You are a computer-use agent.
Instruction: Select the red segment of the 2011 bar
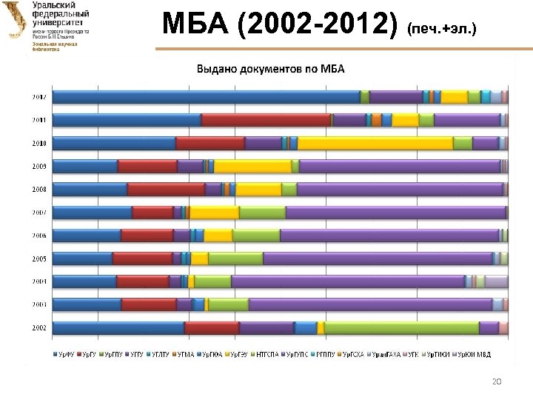pyautogui.click(x=266, y=120)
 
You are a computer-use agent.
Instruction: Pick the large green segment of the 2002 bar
pyautogui.click(x=402, y=328)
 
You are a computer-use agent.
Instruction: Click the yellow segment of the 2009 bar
pyautogui.click(x=252, y=166)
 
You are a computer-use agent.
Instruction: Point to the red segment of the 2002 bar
pyautogui.click(x=212, y=328)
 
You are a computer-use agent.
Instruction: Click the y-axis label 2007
pyautogui.click(x=39, y=213)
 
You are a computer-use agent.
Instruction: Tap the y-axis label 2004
pyautogui.click(x=39, y=281)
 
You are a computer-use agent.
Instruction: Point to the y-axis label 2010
pyautogui.click(x=39, y=143)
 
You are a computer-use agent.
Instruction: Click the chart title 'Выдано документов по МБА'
pyautogui.click(x=275, y=70)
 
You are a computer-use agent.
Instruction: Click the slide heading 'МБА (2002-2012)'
pyautogui.click(x=282, y=26)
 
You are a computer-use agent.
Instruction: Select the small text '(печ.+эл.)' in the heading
pyautogui.click(x=441, y=30)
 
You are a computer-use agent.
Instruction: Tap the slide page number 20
pyautogui.click(x=497, y=381)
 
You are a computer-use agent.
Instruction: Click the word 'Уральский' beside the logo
pyautogui.click(x=53, y=6)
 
